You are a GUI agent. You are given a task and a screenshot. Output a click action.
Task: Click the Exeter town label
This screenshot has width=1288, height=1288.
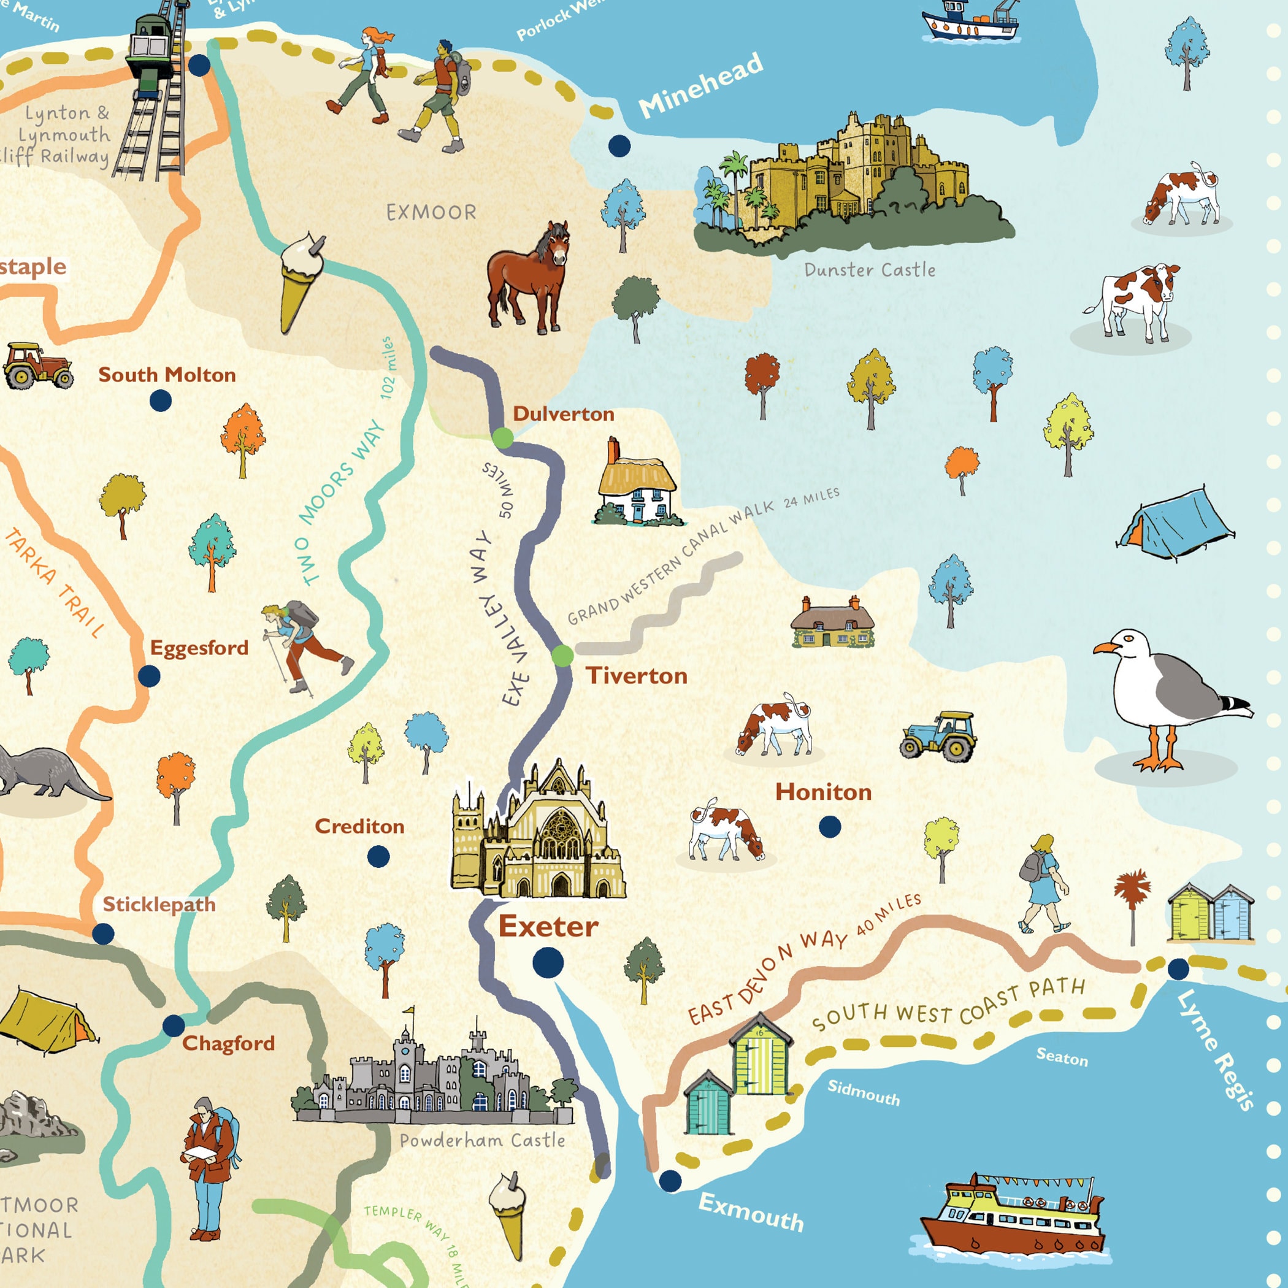(548, 927)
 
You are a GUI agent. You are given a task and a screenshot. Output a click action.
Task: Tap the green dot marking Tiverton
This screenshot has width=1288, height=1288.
(562, 656)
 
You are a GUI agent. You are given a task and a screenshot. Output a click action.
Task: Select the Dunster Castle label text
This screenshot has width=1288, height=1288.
(869, 270)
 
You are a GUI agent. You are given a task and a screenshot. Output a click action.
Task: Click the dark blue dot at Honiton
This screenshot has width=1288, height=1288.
(829, 827)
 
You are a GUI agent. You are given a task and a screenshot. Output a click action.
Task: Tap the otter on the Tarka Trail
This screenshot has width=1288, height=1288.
(47, 773)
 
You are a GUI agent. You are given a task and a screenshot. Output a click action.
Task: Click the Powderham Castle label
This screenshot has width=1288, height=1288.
(482, 1141)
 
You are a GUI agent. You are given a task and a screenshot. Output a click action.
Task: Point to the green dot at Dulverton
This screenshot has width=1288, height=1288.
(503, 438)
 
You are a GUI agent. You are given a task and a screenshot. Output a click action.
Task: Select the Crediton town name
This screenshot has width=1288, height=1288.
(359, 827)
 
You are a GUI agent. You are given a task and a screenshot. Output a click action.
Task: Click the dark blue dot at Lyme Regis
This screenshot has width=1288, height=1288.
(1178, 968)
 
